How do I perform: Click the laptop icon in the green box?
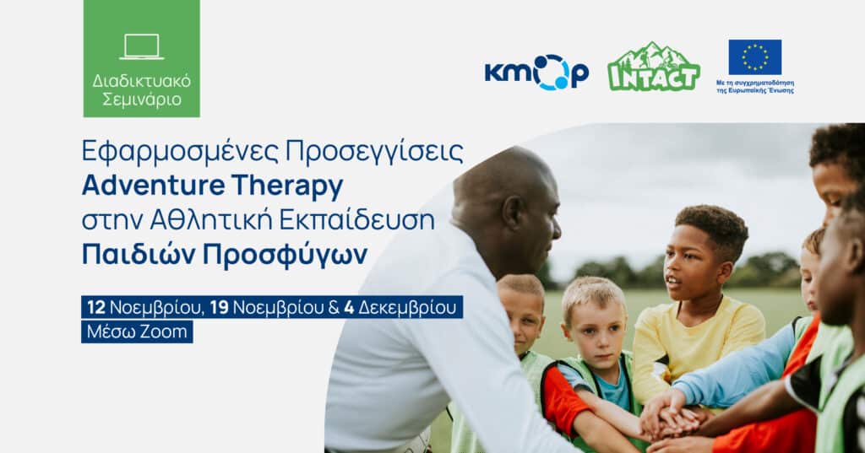(x=141, y=46)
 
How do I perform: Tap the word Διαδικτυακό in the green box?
(x=142, y=81)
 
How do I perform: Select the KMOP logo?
(x=536, y=72)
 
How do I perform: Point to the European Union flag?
(x=754, y=57)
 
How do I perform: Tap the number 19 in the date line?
(x=219, y=307)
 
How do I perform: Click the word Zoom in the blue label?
(x=167, y=332)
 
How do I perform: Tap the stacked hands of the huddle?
(x=672, y=416)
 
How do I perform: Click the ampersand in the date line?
(x=333, y=307)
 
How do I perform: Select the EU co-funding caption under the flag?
(x=754, y=87)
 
